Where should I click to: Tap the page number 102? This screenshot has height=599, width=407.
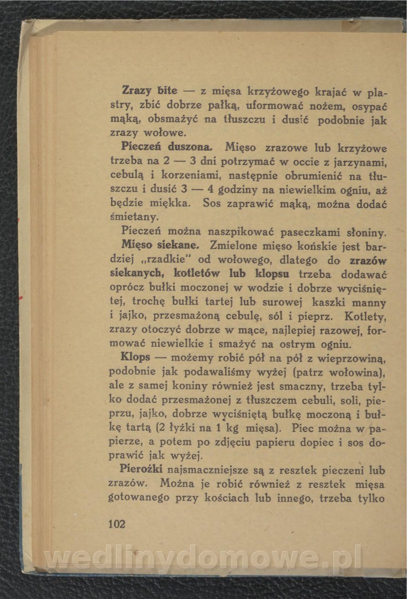[x=116, y=524]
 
